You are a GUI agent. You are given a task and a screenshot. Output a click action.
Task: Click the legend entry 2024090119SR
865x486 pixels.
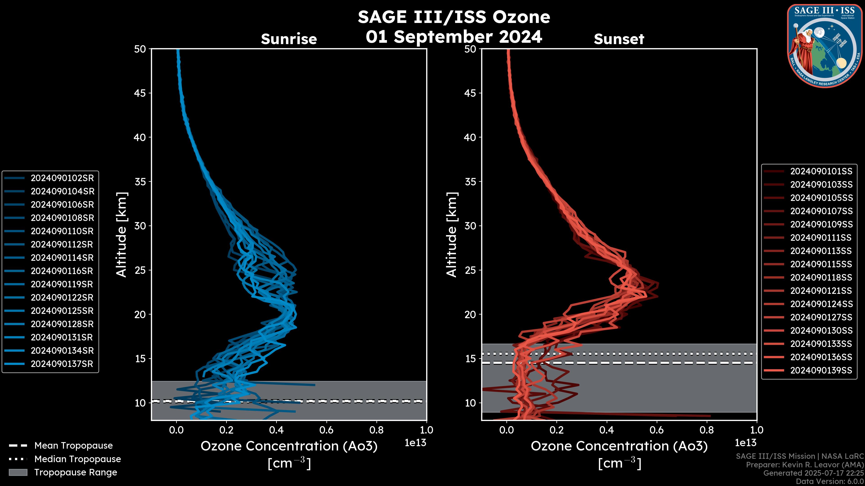(62, 284)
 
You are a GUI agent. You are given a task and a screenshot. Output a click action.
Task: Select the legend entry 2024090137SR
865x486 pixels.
(62, 364)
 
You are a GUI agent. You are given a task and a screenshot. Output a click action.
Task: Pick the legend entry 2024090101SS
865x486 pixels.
(821, 171)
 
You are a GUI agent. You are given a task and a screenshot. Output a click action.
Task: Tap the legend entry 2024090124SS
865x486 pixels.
(821, 304)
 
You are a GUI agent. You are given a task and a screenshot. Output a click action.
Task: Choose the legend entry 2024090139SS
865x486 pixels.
(821, 370)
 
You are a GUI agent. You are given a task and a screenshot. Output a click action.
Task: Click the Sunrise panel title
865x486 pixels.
(289, 39)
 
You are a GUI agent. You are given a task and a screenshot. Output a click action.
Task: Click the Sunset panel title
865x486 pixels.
(619, 39)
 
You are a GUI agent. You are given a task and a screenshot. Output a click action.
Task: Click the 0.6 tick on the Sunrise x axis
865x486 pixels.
(326, 430)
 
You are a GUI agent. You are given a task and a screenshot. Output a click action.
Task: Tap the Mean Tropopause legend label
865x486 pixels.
(73, 445)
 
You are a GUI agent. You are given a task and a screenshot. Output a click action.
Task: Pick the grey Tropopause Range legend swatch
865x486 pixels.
(18, 472)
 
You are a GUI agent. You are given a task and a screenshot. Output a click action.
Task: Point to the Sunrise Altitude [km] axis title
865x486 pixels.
(121, 234)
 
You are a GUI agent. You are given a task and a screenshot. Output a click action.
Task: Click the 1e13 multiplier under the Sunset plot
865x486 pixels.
(745, 443)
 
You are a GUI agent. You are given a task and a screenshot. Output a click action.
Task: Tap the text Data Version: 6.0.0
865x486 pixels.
(830, 482)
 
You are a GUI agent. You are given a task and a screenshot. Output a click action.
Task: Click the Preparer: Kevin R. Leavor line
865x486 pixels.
(805, 465)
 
